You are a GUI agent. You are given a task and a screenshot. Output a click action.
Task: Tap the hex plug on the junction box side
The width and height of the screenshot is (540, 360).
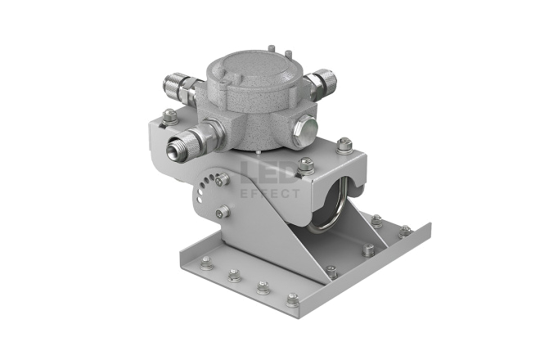(x=306, y=131)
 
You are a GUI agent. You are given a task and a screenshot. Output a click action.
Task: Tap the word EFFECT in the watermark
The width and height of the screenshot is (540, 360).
(x=270, y=194)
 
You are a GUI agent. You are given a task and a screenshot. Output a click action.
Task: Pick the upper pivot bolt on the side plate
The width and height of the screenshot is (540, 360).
(x=223, y=179)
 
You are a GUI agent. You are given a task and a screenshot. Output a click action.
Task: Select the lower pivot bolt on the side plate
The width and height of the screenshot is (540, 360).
(x=223, y=211)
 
